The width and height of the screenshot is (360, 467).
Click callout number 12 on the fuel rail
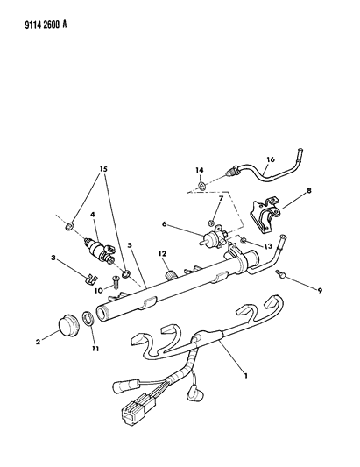(x=161, y=255)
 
